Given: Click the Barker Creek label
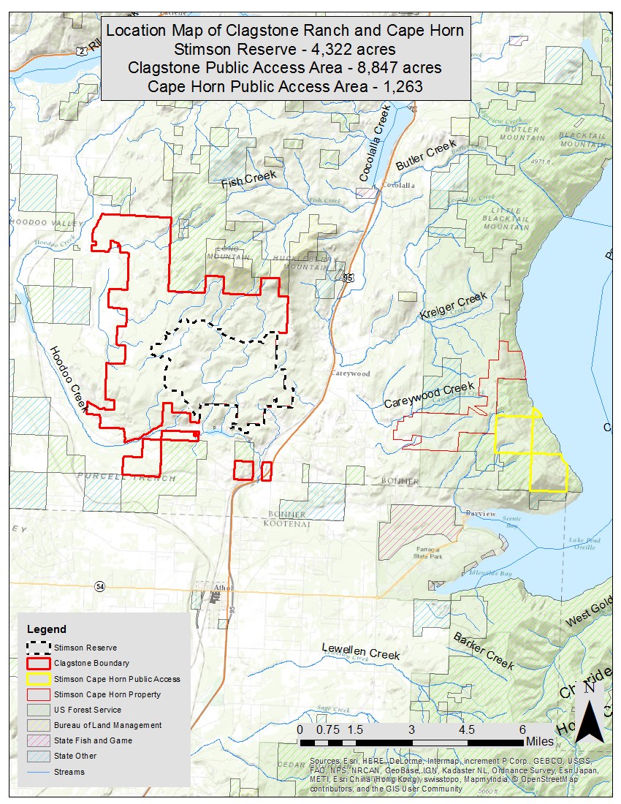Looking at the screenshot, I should pyautogui.click(x=483, y=650).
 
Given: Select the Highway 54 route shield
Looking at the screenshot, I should pyautogui.click(x=100, y=587).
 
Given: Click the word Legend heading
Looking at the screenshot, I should pyautogui.click(x=46, y=629).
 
